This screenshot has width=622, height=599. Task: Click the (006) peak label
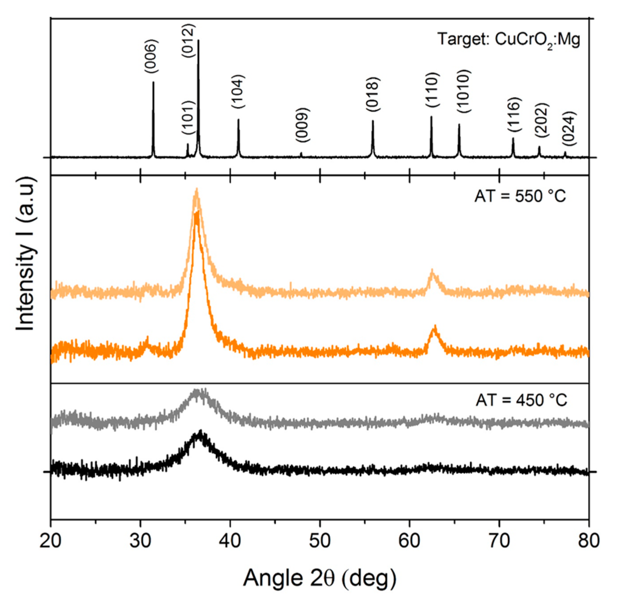(151, 56)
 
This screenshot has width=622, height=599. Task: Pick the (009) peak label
(302, 125)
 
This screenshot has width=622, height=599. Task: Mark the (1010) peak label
(464, 91)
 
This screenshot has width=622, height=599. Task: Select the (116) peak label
(514, 114)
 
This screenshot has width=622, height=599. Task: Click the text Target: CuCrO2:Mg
(508, 40)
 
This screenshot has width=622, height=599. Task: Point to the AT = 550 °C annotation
(520, 196)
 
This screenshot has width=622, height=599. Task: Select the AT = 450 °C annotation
(521, 400)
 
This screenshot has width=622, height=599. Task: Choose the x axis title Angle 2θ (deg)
(320, 578)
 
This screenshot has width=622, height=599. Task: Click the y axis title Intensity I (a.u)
(26, 254)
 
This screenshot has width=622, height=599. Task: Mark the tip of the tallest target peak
(198, 40)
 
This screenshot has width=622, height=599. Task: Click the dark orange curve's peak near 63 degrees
(435, 326)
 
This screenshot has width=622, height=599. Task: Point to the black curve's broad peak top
(200, 432)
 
